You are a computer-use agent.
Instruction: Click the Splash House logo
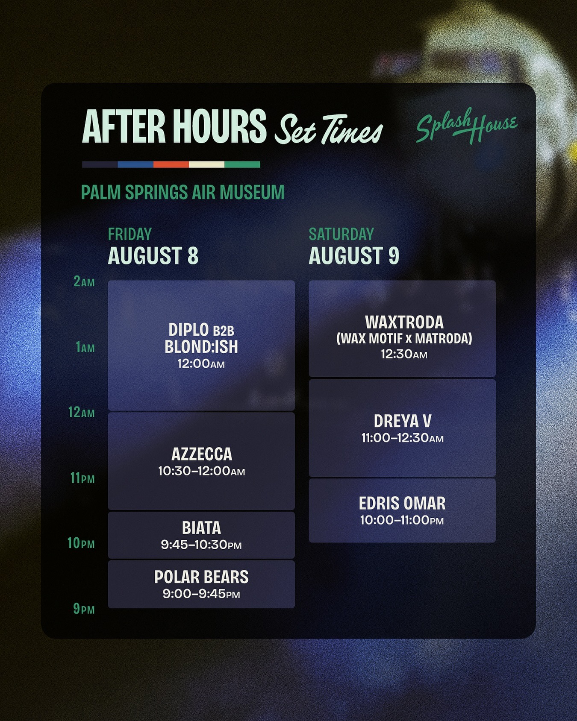coord(467,126)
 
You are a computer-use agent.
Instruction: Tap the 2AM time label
coord(84,281)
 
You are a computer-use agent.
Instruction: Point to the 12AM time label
coord(82,413)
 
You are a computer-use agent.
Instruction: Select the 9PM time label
coord(84,609)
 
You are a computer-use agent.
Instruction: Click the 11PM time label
coord(82,478)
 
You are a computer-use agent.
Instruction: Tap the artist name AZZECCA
coord(202,454)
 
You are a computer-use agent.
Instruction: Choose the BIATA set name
coord(201,528)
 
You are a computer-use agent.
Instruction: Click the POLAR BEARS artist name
coord(201,577)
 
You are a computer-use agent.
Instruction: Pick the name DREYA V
coord(403,421)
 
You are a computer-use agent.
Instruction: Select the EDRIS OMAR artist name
coord(402,503)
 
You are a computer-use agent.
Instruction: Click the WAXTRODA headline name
coord(404,322)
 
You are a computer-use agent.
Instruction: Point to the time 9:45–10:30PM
coord(201,545)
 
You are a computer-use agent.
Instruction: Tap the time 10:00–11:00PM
coord(402,520)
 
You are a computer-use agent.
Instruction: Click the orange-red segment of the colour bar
coord(171,164)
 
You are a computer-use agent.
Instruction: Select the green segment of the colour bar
coord(242,164)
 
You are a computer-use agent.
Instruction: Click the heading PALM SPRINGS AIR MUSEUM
coord(183,192)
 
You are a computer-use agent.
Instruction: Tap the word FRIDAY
coord(130,234)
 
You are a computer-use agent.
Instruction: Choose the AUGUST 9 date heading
coord(354,255)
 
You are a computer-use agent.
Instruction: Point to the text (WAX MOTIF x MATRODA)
coord(404,339)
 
